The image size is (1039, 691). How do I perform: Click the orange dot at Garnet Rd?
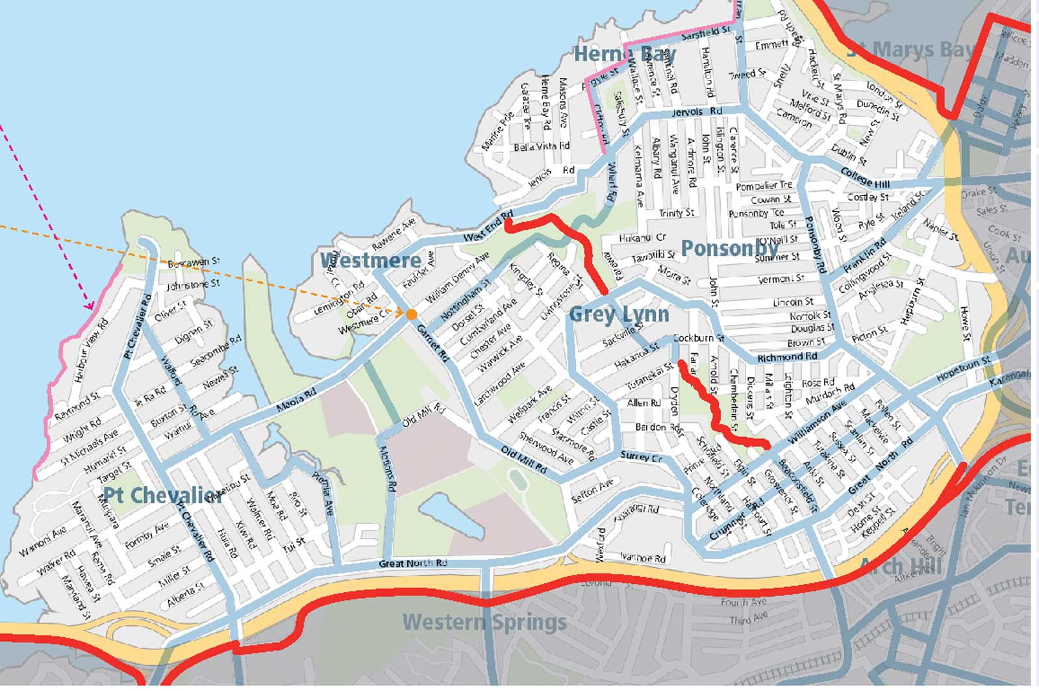[x=411, y=315]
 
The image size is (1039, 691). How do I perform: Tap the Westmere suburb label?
[x=371, y=260]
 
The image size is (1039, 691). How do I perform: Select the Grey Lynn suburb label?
[x=619, y=314]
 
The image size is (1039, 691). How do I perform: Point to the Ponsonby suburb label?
[x=729, y=248]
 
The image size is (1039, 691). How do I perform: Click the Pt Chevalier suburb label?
[x=163, y=496]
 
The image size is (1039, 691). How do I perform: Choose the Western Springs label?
[x=484, y=622]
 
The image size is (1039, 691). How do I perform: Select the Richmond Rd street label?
[x=787, y=357]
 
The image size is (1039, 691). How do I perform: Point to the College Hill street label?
[x=865, y=177]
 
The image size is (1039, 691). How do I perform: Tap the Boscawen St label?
[x=193, y=262]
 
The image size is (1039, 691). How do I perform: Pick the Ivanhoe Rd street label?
[x=643, y=558]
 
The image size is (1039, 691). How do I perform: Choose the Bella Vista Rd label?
[x=541, y=147]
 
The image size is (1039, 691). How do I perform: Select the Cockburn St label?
[x=698, y=338]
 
